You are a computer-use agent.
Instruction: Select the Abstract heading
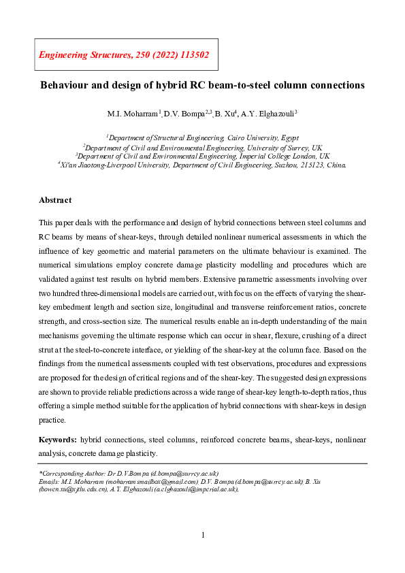(55, 200)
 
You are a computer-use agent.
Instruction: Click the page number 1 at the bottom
(203, 535)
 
